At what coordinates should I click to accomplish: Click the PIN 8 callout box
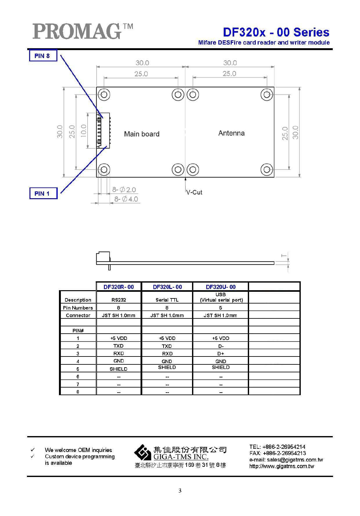(43, 56)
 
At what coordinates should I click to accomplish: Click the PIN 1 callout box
(43, 193)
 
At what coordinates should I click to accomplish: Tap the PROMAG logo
(83, 31)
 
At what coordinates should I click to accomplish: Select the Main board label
(142, 134)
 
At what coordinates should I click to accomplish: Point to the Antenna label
(231, 133)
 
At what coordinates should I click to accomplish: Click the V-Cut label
(194, 192)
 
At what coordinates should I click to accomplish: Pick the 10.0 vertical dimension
(84, 131)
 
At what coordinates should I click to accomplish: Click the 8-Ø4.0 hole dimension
(126, 199)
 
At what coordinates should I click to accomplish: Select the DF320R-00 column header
(119, 287)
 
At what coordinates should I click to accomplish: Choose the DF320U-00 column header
(221, 287)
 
